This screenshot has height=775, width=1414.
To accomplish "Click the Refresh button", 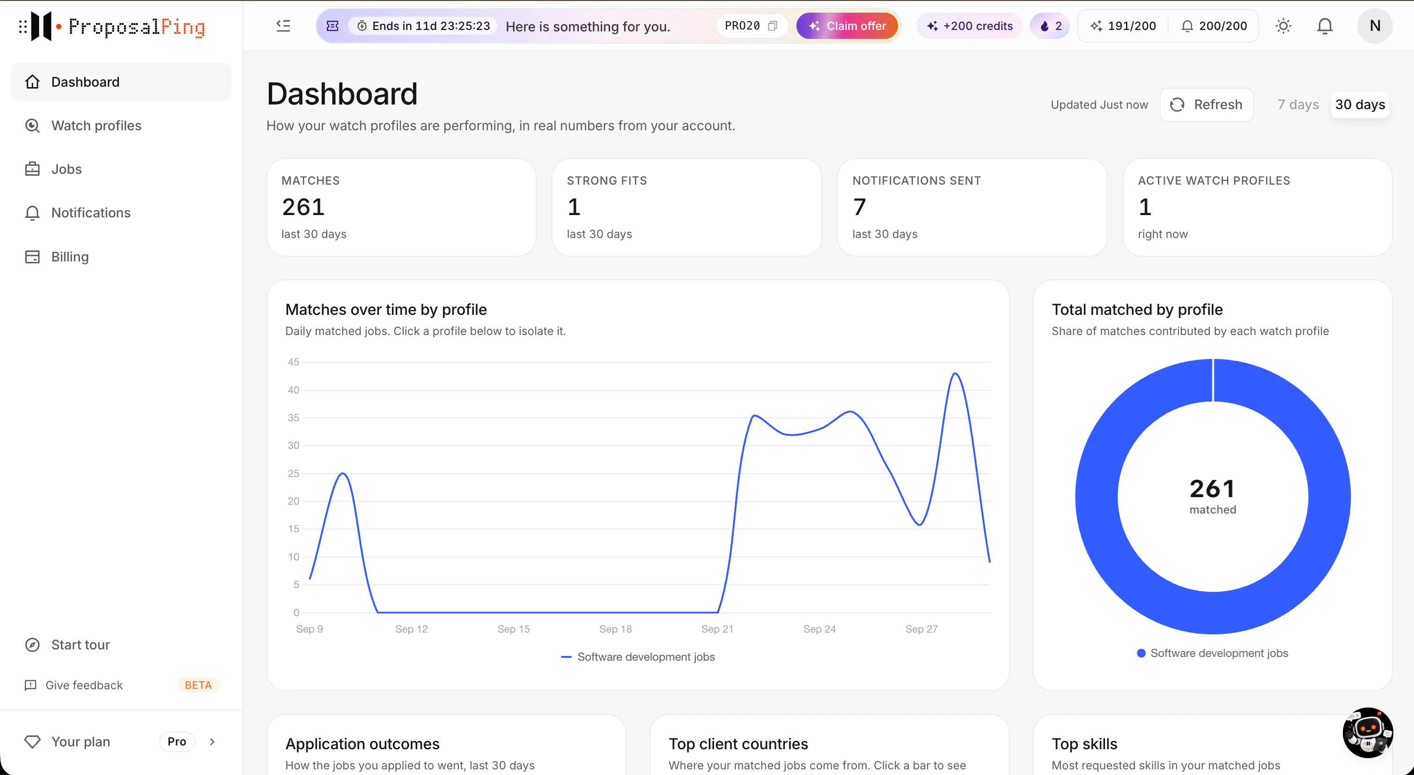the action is (1206, 104).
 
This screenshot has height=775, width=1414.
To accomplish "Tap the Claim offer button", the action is (847, 26).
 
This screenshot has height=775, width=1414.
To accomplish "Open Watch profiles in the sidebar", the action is (96, 126).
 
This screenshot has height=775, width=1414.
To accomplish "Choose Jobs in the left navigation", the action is (66, 169).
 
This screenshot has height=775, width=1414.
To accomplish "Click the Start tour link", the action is (80, 644).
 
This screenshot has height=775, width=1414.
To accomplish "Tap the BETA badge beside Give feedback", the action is (198, 685).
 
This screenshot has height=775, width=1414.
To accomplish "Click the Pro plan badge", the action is (177, 741).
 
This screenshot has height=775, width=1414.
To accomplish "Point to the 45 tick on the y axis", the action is (294, 362).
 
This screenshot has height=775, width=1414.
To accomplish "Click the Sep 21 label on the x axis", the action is (717, 629).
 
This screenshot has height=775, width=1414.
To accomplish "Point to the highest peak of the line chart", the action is (956, 373).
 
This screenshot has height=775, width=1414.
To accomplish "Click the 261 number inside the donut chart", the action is (1212, 488).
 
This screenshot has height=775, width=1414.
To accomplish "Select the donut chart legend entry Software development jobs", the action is (1213, 653).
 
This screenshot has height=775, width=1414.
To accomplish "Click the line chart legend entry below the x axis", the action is (638, 657).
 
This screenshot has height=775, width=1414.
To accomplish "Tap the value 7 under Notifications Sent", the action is (859, 207).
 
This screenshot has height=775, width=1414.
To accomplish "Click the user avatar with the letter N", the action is (1375, 26).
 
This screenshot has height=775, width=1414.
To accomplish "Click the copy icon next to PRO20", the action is (773, 26).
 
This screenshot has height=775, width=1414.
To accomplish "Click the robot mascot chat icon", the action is (1367, 733).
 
